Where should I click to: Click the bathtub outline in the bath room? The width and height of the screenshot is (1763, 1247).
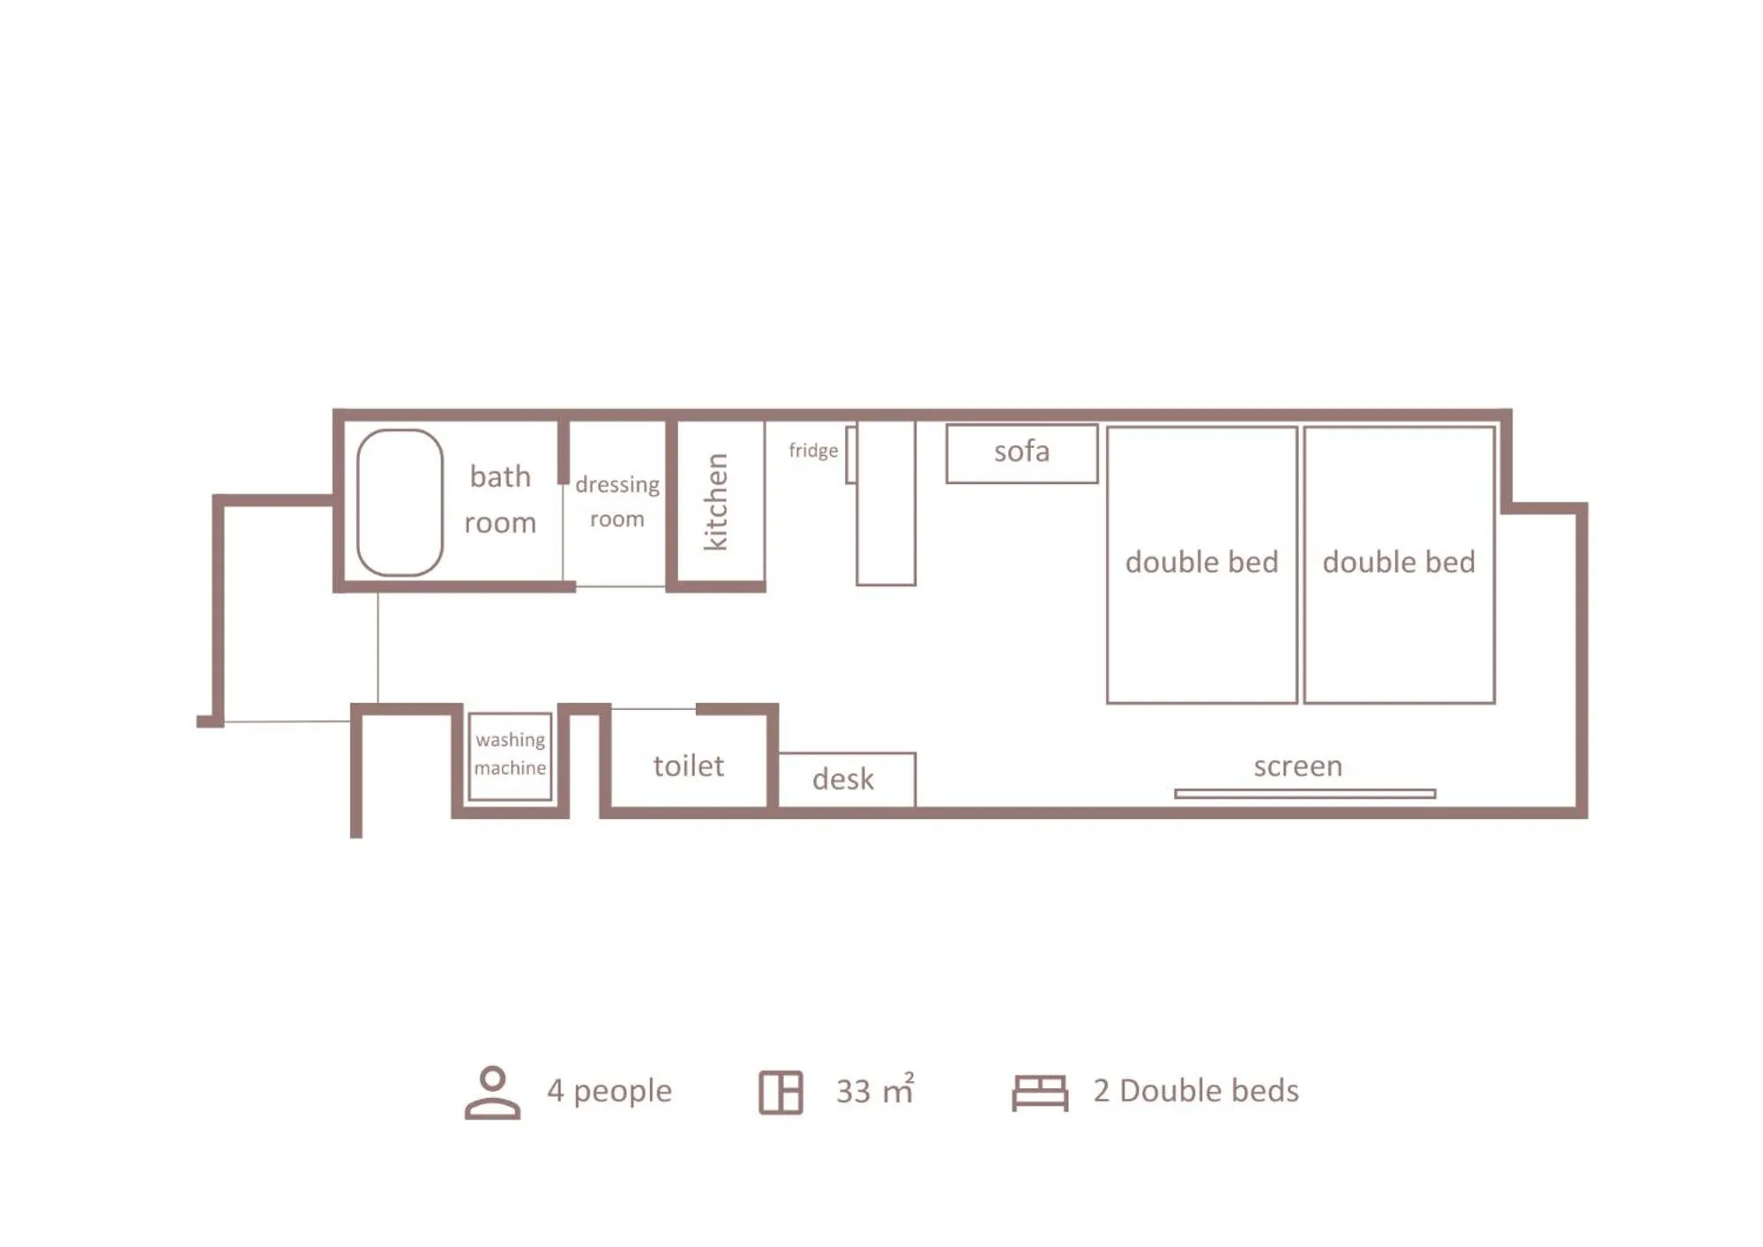tap(400, 503)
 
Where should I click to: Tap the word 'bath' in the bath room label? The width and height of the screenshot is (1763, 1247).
tap(500, 477)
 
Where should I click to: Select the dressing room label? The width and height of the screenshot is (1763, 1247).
tap(616, 501)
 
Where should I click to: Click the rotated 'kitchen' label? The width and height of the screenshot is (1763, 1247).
tap(715, 502)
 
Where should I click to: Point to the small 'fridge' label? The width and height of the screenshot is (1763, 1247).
tap(812, 451)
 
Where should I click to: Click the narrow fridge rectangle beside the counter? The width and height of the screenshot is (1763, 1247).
tap(851, 455)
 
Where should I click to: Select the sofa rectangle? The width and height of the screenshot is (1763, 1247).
tap(1021, 453)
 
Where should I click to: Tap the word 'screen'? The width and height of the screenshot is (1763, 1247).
tap(1297, 765)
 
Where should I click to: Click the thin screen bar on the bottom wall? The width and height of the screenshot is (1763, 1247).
tap(1304, 794)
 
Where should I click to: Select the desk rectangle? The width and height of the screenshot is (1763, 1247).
tap(846, 779)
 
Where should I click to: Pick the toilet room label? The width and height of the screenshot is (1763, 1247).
tap(688, 765)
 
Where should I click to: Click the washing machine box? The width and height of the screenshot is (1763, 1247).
tap(510, 756)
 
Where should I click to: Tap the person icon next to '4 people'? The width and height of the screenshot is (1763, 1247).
tap(492, 1092)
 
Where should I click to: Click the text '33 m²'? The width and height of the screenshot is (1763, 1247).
tap(874, 1091)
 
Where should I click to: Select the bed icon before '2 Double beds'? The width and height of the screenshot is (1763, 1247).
tap(1039, 1092)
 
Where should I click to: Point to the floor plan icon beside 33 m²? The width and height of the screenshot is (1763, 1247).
tap(781, 1092)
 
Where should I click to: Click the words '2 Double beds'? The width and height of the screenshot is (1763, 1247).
tap(1195, 1091)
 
